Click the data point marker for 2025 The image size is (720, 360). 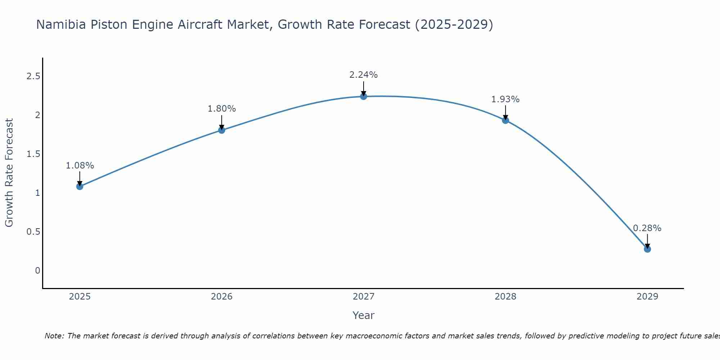(80, 186)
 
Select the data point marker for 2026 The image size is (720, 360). (222, 130)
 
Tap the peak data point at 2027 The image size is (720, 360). (364, 96)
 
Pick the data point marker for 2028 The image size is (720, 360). (505, 121)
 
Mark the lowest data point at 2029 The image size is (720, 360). (647, 249)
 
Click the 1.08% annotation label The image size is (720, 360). (80, 166)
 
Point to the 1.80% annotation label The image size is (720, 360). (222, 109)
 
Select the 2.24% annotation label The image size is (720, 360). (364, 75)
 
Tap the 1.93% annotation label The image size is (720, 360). (505, 99)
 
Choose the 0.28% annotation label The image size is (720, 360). (647, 228)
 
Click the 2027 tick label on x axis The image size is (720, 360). (364, 297)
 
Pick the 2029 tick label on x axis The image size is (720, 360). (647, 297)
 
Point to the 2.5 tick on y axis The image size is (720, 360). (33, 76)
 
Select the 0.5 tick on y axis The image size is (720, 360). (33, 231)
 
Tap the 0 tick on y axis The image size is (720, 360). (37, 270)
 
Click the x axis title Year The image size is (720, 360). (364, 315)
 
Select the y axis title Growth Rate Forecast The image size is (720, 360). (9, 173)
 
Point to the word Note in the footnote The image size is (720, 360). (54, 336)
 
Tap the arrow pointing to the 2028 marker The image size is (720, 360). (505, 113)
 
